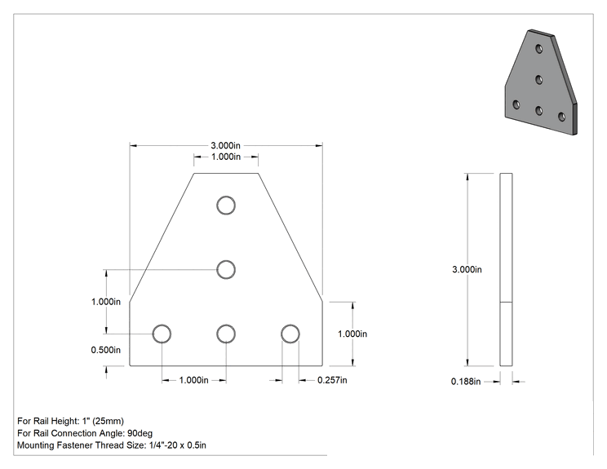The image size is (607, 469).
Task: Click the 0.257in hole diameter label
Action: coord(332,380)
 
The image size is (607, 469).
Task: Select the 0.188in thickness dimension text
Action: coord(466,382)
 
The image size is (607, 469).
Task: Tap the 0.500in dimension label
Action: coord(106,350)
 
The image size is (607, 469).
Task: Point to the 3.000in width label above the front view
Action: coord(225,145)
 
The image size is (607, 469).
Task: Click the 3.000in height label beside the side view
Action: coord(467,269)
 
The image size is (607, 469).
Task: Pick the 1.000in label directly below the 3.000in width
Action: coord(226,157)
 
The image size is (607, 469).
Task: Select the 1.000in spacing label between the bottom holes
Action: coord(193,380)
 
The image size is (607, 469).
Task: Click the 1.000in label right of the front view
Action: coord(352,334)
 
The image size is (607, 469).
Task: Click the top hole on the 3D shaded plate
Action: coord(538,49)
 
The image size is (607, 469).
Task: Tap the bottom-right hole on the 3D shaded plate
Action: coord(561,117)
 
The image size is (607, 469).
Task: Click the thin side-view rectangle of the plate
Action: coord(506,269)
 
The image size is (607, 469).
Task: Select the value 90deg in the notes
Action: coord(140,433)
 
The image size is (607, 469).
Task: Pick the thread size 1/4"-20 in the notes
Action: coord(163,445)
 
